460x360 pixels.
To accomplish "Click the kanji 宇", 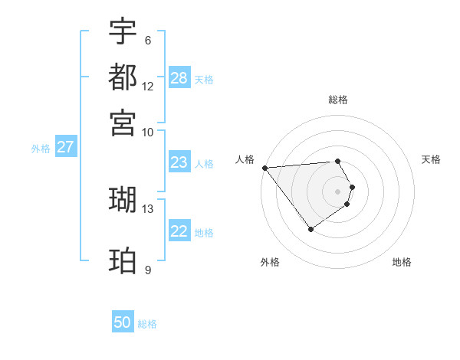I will (x=123, y=31).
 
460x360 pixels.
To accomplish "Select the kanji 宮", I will (x=123, y=123).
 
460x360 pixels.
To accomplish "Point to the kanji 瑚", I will (x=123, y=199).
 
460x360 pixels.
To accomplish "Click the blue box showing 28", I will (x=179, y=78).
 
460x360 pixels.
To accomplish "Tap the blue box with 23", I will (x=179, y=162).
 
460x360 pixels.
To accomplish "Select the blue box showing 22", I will (x=179, y=231).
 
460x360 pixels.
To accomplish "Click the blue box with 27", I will (x=65, y=147).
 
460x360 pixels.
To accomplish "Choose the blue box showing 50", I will (x=123, y=322).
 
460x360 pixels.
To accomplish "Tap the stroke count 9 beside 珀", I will (x=148, y=270).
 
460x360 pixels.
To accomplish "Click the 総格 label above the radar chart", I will (x=338, y=100).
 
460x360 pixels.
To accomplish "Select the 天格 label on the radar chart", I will (x=431, y=159).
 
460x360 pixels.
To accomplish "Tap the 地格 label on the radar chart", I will (x=402, y=262).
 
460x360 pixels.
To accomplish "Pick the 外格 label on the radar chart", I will (x=270, y=262).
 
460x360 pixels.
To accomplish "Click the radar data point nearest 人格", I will (x=264, y=168).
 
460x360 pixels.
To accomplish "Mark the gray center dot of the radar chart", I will (x=338, y=191).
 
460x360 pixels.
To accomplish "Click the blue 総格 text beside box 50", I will (x=147, y=324).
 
